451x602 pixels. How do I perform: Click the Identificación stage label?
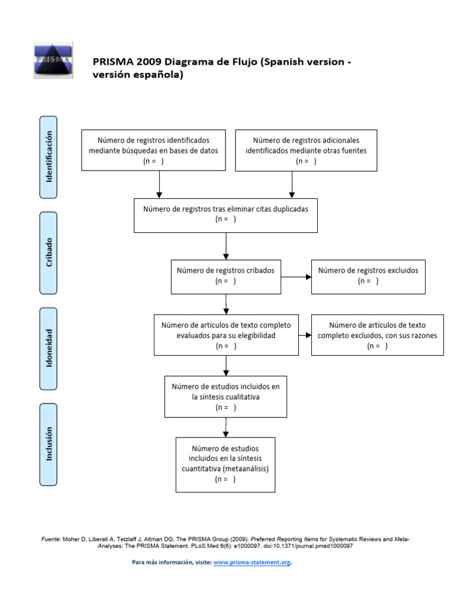[48, 156]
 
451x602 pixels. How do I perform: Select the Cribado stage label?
[48, 253]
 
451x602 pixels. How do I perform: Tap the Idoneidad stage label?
[48, 348]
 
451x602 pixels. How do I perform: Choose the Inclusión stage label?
[48, 444]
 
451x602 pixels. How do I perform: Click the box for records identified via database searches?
[153, 150]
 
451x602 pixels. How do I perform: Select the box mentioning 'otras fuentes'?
[306, 150]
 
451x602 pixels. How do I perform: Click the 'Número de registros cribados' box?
[225, 276]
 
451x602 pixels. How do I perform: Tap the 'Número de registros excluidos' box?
[368, 276]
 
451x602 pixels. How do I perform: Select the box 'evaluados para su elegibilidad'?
[225, 335]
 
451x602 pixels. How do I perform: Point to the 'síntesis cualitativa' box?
[225, 396]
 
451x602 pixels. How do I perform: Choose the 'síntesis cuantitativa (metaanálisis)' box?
[225, 464]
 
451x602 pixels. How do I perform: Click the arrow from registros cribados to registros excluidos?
[296, 276]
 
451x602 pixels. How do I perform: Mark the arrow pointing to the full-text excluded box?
[304, 335]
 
